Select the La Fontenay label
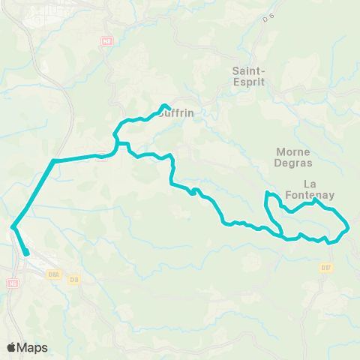pos(319,189)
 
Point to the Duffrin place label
pos(177,113)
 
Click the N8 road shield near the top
pos(106,42)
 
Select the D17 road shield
pos(325,268)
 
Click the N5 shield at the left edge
pos(12,283)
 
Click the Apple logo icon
pos(12,347)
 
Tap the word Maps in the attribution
pos(33,347)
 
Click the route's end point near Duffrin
pos(164,105)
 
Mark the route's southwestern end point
pos(26,253)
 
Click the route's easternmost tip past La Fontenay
pos(349,226)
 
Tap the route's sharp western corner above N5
pos(13,226)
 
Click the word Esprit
pos(247,82)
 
